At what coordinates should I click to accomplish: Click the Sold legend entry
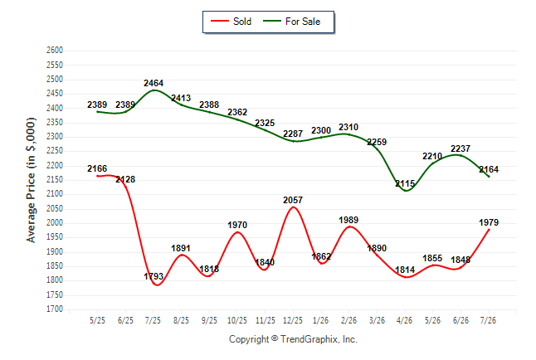click(231, 22)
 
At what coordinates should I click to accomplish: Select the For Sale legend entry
click(291, 22)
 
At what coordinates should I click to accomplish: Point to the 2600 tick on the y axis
click(55, 51)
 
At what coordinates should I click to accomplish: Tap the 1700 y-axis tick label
click(55, 309)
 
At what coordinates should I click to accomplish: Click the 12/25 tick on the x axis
click(293, 320)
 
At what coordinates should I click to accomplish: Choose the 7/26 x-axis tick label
click(488, 320)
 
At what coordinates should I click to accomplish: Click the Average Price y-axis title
click(31, 180)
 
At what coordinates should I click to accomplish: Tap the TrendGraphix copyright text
click(293, 339)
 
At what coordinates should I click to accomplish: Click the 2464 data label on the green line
click(153, 83)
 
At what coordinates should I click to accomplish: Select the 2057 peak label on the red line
click(293, 200)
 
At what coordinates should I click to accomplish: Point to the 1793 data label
click(153, 276)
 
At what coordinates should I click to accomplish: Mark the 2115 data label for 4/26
click(405, 184)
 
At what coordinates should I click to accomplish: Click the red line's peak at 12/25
click(293, 207)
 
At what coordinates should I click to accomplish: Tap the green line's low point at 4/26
click(406, 191)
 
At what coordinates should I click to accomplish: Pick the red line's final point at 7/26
click(489, 230)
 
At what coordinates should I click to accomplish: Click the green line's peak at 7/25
click(154, 90)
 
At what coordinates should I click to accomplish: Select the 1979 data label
click(489, 222)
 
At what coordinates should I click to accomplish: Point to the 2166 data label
click(97, 168)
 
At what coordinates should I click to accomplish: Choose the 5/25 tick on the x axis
click(97, 320)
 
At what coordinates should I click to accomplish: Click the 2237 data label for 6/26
click(460, 148)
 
